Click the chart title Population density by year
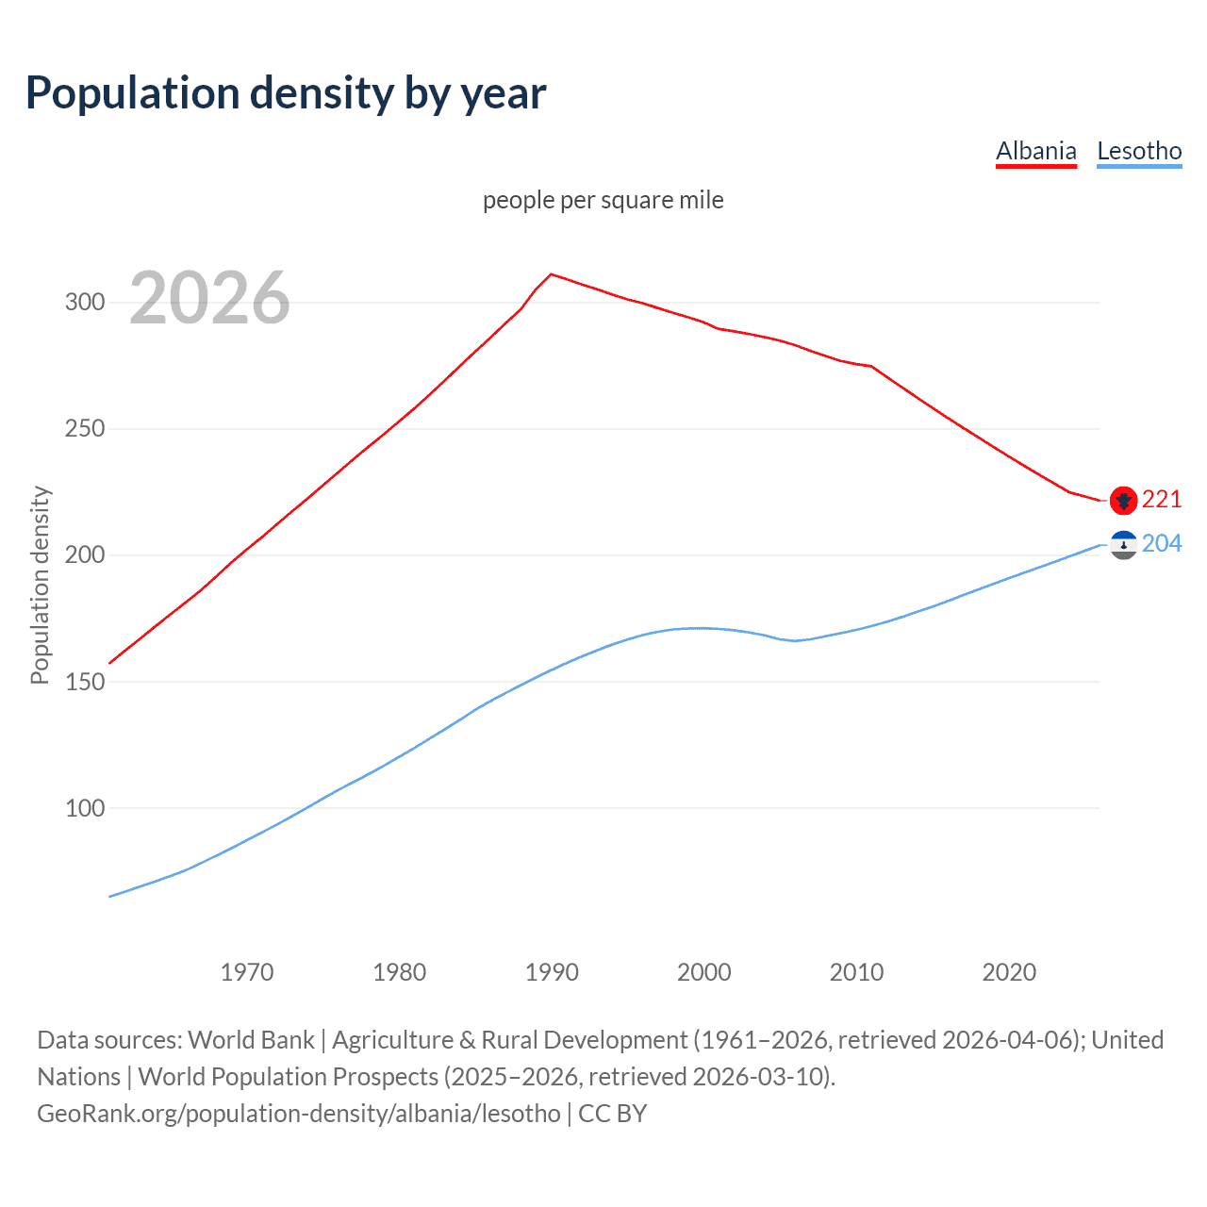pyautogui.click(x=286, y=93)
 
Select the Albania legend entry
pyautogui.click(x=1035, y=152)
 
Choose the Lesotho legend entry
pyautogui.click(x=1139, y=152)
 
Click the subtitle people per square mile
pyautogui.click(x=603, y=201)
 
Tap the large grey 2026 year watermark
pyautogui.click(x=209, y=299)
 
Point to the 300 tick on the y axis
pyautogui.click(x=85, y=303)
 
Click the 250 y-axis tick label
pyautogui.click(x=85, y=429)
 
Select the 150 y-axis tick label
pyautogui.click(x=85, y=682)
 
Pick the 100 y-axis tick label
pyautogui.click(x=85, y=808)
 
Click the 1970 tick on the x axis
pyautogui.click(x=247, y=972)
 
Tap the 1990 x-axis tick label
pyautogui.click(x=552, y=972)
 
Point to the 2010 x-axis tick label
pyautogui.click(x=856, y=972)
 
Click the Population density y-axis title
pyautogui.click(x=40, y=585)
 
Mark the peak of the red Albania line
pyautogui.click(x=552, y=274)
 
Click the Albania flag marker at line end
pyautogui.click(x=1123, y=501)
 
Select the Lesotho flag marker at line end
pyautogui.click(x=1123, y=545)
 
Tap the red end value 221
pyautogui.click(x=1162, y=499)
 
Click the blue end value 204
pyautogui.click(x=1162, y=544)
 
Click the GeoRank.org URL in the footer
pyautogui.click(x=299, y=1114)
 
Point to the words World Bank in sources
pyautogui.click(x=251, y=1040)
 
